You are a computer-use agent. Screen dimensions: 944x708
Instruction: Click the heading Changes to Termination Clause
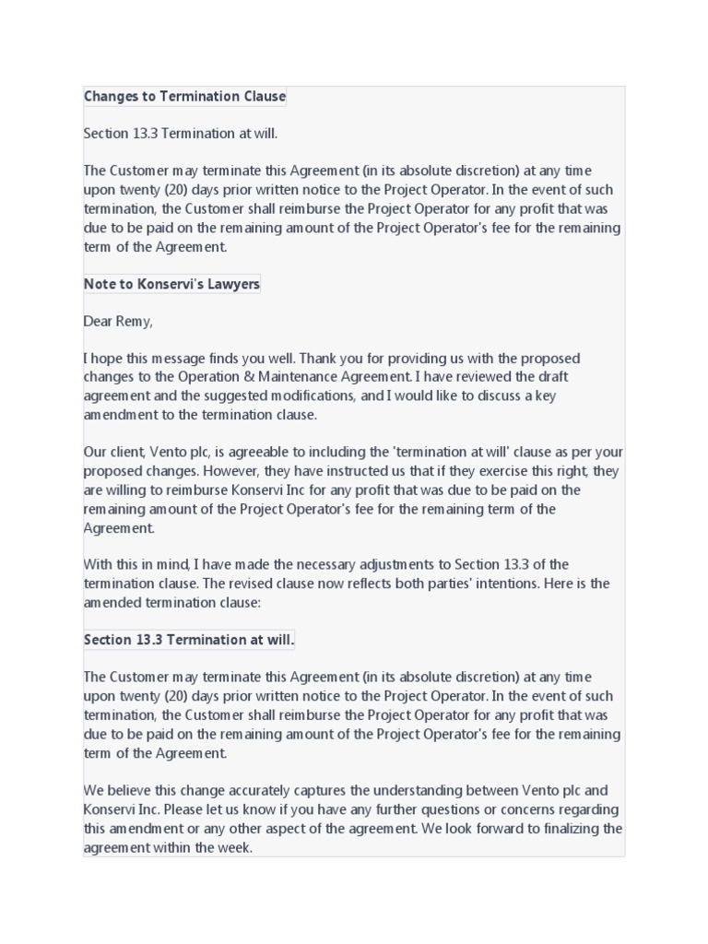tap(184, 96)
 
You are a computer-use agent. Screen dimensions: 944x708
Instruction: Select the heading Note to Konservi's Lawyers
tap(171, 284)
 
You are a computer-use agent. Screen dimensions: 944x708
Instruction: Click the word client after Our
tap(125, 453)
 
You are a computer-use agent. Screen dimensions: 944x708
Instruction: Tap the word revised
tap(263, 584)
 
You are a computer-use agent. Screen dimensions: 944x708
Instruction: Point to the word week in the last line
tap(235, 848)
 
